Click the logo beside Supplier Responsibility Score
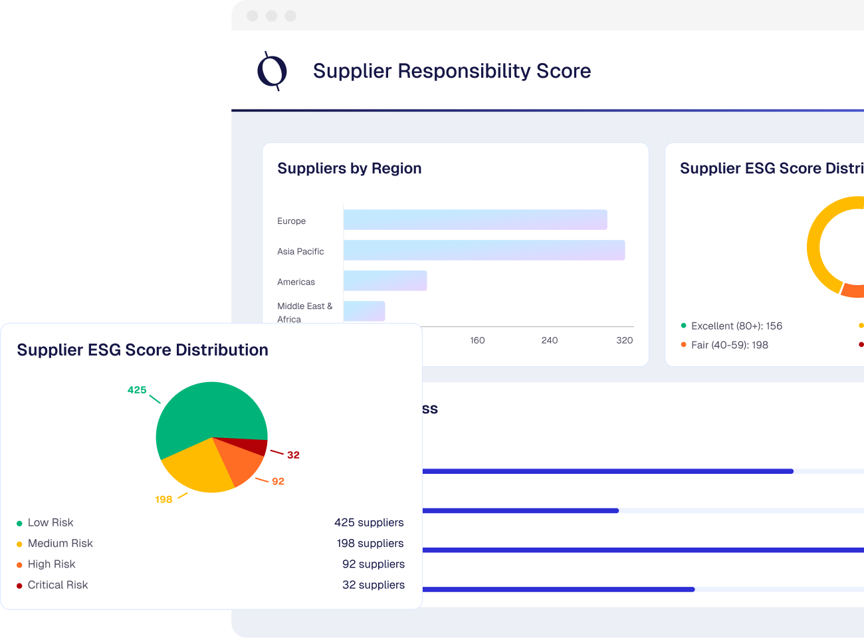[x=272, y=70]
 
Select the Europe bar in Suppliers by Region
[x=475, y=220]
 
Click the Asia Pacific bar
[x=484, y=251]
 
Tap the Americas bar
[x=385, y=281]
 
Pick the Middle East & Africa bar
[x=364, y=310]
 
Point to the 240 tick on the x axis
[x=550, y=340]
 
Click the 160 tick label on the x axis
[x=477, y=340]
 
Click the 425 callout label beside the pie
[x=137, y=390]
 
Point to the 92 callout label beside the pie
[x=278, y=481]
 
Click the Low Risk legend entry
[x=51, y=522]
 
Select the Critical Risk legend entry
[x=58, y=585]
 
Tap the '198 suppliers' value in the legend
[x=370, y=543]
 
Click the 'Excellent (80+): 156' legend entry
[x=736, y=326]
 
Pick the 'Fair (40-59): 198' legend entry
[x=729, y=345]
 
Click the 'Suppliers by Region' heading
[x=350, y=169]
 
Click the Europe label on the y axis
[x=292, y=221]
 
